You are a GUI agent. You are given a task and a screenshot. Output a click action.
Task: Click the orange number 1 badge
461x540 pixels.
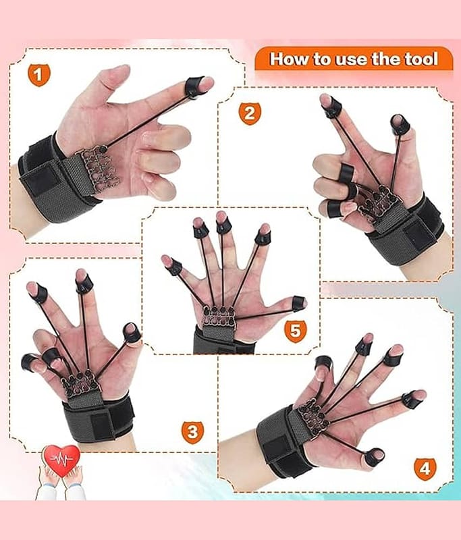coord(38,75)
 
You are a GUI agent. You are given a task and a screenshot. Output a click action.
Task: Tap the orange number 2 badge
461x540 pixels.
coord(250,113)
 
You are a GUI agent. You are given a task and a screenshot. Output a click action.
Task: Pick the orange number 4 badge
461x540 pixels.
coord(425,469)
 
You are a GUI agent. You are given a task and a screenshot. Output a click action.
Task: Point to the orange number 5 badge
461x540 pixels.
coord(295,331)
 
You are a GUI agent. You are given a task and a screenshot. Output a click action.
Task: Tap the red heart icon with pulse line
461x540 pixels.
coord(61,460)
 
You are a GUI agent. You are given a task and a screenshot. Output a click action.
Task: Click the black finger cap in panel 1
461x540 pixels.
coord(194,88)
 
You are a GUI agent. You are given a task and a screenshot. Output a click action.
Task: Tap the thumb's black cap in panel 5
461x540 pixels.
coord(298,303)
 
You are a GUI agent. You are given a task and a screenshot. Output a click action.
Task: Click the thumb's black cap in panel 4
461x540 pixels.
coord(374,458)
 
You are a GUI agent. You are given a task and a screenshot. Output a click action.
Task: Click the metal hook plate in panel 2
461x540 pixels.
coord(378,204)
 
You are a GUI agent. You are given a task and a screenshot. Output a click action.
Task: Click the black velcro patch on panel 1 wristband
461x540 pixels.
coord(40,181)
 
